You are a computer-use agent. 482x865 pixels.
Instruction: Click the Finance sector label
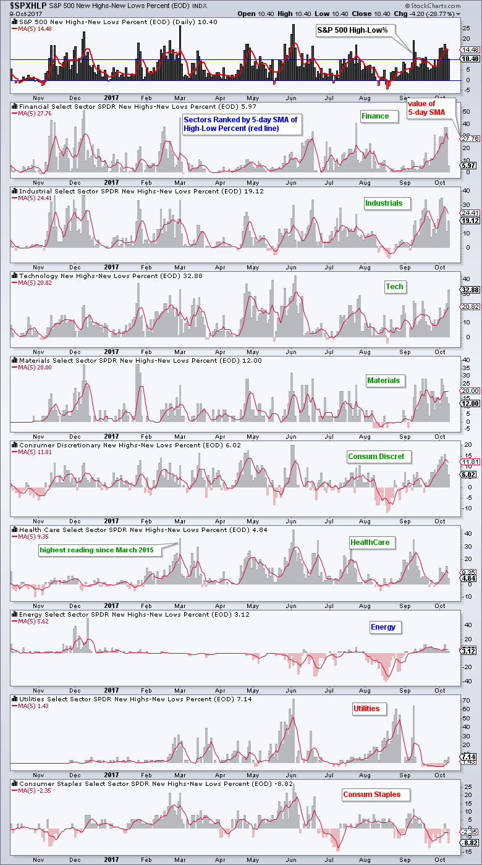coord(375,116)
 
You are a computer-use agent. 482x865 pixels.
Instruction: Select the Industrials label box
coord(383,203)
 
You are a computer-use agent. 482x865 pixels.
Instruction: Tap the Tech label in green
coord(394,287)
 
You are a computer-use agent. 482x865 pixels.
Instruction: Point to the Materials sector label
coord(383,381)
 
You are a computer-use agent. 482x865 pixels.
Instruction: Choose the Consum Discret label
coord(375,457)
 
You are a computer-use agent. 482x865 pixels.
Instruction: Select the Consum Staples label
coord(371,795)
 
